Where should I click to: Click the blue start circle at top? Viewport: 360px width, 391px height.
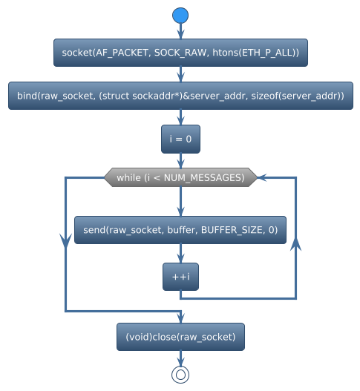180,16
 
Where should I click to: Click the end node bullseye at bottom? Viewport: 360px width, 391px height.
180,375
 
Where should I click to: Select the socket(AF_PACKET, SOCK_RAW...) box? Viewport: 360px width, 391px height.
180,53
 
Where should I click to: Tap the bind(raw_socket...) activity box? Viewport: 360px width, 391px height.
180,96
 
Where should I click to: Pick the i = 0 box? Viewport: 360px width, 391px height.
180,139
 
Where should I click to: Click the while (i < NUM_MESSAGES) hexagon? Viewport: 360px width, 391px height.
180,177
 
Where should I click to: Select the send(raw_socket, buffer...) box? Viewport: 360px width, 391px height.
180,230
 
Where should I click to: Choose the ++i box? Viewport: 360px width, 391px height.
180,277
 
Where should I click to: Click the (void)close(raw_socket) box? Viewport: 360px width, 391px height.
180,337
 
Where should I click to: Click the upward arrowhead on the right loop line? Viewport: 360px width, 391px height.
296,246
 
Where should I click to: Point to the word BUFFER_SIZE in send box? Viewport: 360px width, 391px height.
228,230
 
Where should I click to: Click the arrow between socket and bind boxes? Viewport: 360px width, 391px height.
180,75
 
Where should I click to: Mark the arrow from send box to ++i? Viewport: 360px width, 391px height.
180,254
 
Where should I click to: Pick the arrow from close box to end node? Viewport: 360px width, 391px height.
180,358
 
